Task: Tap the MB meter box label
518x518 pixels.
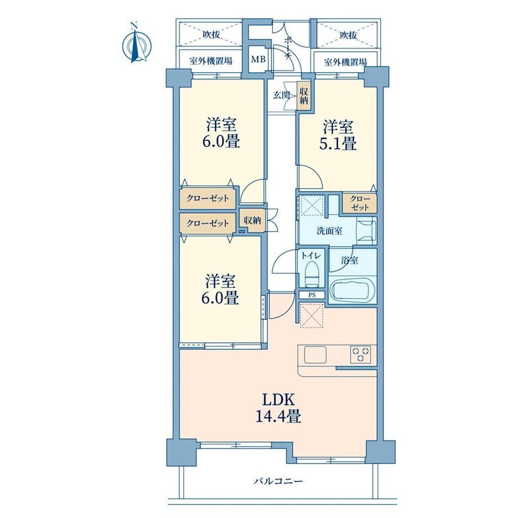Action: tap(258, 60)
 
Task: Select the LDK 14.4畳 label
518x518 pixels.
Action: tap(278, 408)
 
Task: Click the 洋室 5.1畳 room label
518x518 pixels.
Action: tap(338, 136)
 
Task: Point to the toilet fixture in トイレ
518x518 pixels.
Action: tap(311, 274)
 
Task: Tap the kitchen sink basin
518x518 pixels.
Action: tap(315, 355)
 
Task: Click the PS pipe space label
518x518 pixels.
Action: tap(312, 296)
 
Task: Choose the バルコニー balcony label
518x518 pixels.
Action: tap(278, 481)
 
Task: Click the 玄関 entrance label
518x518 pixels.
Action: tap(282, 96)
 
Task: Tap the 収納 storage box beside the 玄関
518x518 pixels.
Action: tap(303, 96)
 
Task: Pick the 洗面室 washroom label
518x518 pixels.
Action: tap(329, 231)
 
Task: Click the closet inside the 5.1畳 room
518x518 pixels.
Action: tap(359, 203)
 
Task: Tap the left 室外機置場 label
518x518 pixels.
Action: tap(211, 61)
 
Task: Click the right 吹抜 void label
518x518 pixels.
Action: tap(348, 35)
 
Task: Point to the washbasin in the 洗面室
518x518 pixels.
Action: tap(366, 231)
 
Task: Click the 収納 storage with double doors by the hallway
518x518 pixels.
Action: tap(252, 221)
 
